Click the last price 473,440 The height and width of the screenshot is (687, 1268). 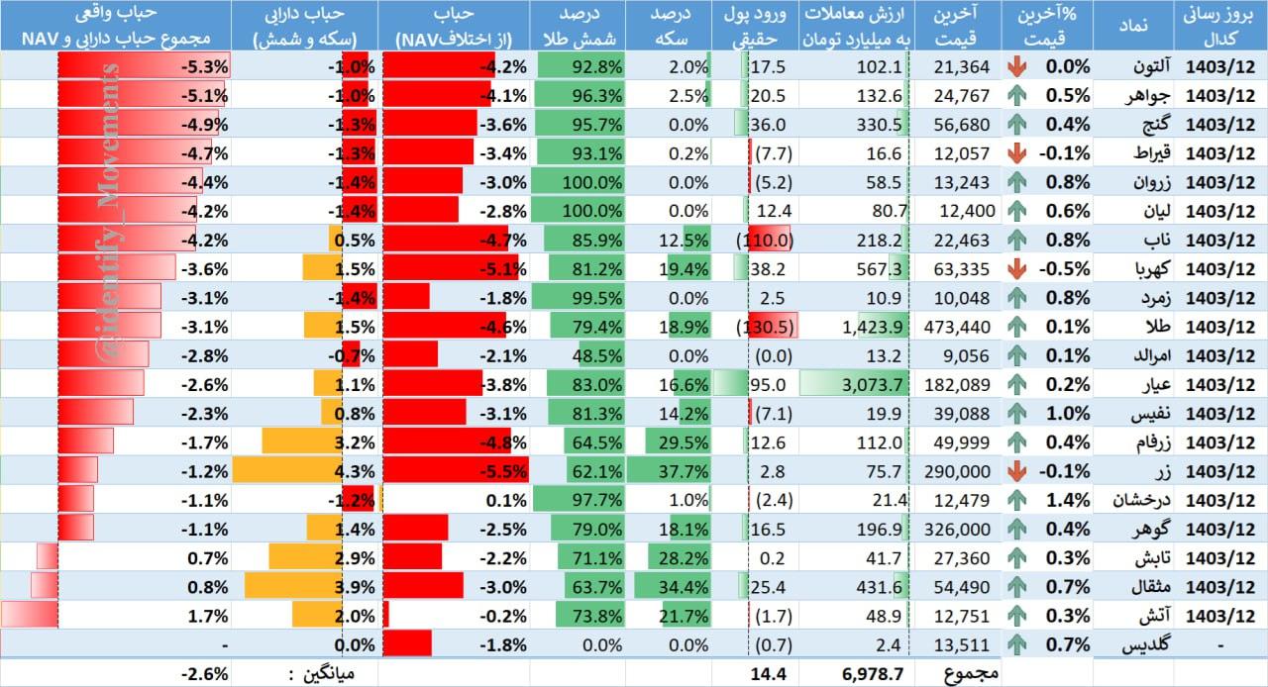(957, 327)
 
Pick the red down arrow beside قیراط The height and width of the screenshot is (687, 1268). (1016, 153)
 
